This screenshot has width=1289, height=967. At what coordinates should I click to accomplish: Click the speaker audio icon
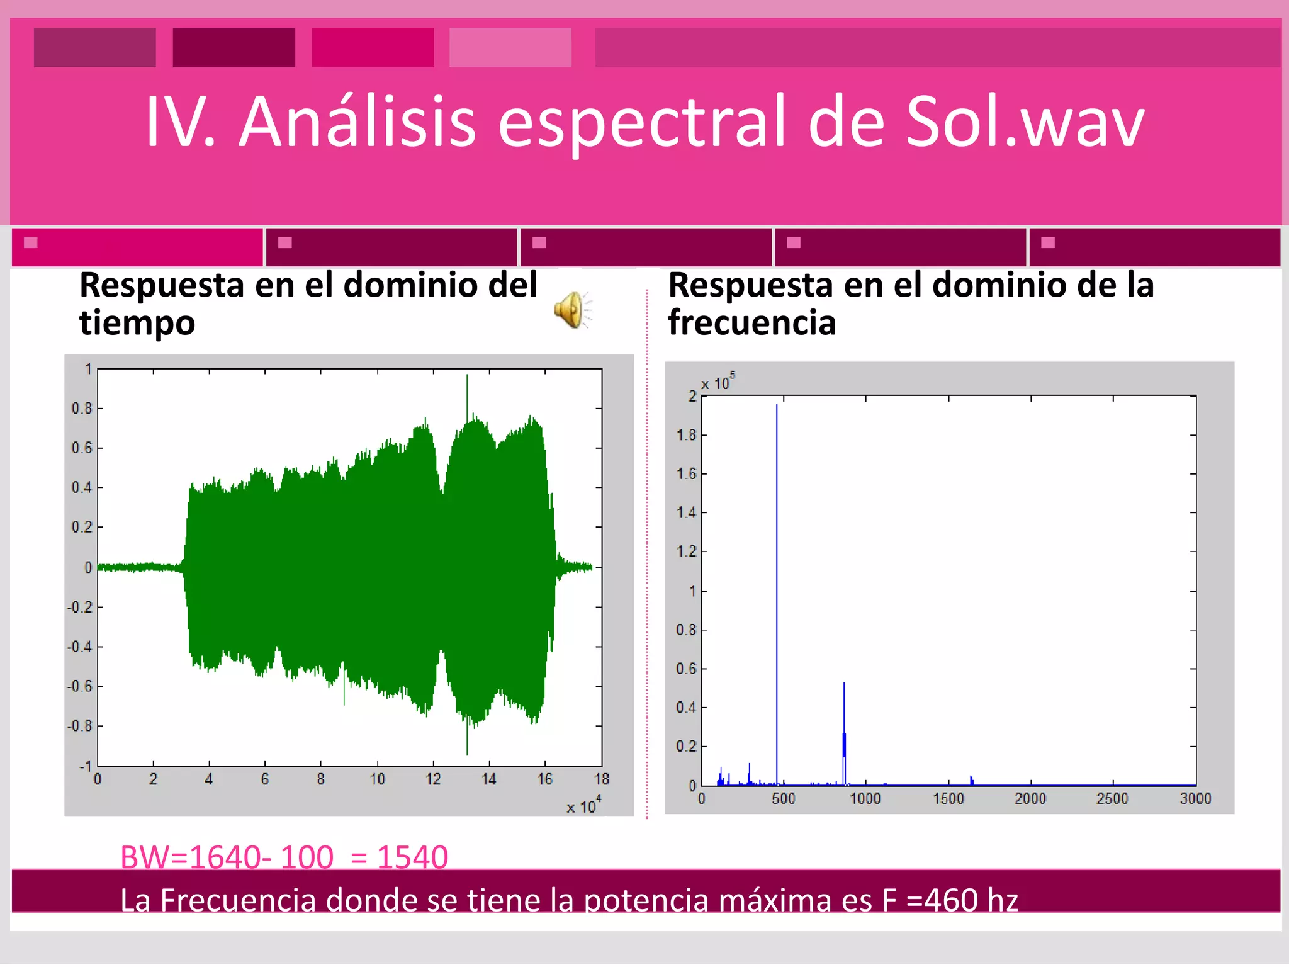click(571, 310)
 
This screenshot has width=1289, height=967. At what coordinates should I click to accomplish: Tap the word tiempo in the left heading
click(137, 323)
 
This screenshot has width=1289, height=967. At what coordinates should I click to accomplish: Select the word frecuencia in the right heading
click(751, 323)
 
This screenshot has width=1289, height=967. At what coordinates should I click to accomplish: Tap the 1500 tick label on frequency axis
click(948, 798)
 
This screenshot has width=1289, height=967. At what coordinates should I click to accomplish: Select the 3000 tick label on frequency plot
click(1195, 798)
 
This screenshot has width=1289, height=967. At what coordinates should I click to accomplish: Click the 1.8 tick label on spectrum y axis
click(686, 435)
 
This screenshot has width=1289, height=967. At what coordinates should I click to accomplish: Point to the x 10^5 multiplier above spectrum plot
click(718, 382)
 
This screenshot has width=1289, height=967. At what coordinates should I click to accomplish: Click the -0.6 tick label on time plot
click(80, 686)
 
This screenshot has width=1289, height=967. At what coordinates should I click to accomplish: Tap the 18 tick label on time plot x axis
click(601, 779)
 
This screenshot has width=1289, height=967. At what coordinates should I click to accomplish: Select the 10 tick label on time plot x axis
click(377, 779)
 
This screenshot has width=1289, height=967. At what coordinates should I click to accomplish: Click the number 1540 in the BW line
click(412, 857)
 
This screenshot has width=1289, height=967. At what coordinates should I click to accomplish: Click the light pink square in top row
click(510, 47)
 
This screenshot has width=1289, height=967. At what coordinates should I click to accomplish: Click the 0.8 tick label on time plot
click(82, 409)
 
